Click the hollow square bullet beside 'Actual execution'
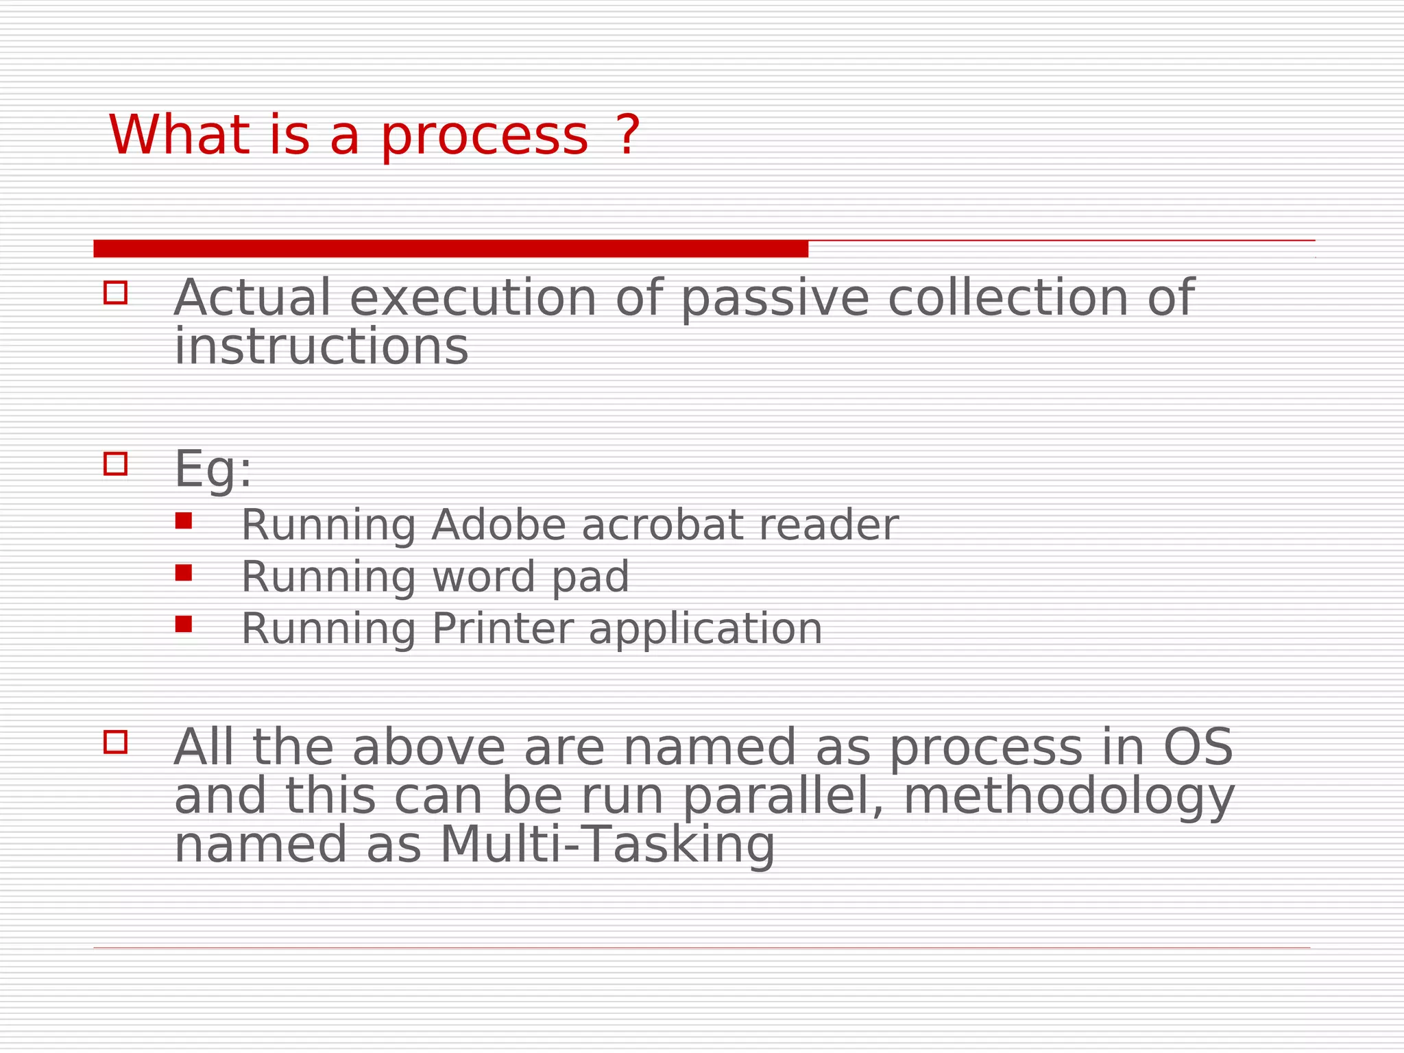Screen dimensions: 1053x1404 (115, 293)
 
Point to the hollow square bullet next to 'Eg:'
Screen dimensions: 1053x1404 (115, 464)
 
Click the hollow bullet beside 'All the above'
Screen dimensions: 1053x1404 (115, 742)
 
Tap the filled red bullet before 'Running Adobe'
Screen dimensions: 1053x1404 (183, 521)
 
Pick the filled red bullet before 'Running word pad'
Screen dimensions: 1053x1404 (183, 572)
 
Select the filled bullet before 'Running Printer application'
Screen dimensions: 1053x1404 (183, 624)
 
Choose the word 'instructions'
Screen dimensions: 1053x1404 (321, 347)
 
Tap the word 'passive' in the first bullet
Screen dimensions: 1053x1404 (775, 299)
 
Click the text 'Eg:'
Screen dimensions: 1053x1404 (213, 470)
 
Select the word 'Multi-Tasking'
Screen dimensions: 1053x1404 (607, 845)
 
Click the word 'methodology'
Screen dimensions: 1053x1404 (1068, 797)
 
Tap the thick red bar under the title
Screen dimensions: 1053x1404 (450, 249)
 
